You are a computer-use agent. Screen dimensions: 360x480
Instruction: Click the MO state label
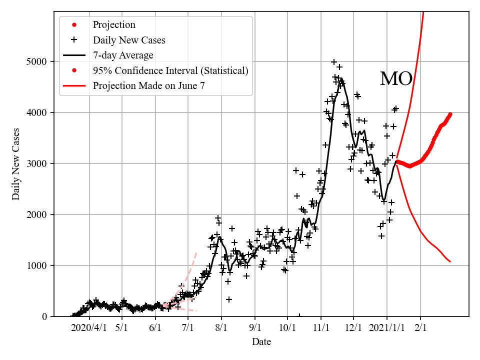[x=396, y=79]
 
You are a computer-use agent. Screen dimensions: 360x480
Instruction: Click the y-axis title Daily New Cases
[x=16, y=164]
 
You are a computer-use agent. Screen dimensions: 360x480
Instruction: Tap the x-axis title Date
[x=261, y=342]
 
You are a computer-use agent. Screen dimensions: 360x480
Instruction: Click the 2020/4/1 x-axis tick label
[x=89, y=328]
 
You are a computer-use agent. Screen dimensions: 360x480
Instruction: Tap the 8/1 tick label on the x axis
[x=221, y=328]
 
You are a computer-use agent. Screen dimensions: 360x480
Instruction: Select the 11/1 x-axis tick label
[x=321, y=328]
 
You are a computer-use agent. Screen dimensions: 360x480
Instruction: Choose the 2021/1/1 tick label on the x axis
[x=386, y=328]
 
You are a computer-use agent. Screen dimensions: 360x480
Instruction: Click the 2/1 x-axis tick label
[x=420, y=328]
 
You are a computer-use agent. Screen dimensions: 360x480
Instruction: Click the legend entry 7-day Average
[x=123, y=55]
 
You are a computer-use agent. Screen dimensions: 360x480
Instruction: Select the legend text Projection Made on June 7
[x=148, y=86]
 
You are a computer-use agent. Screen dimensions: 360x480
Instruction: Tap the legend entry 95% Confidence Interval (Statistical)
[x=170, y=70]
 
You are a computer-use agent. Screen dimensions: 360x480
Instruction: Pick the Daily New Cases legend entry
[x=129, y=40]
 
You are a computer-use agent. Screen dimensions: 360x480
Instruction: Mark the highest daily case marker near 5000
[x=334, y=62]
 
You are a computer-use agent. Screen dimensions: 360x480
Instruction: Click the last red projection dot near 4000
[x=450, y=114]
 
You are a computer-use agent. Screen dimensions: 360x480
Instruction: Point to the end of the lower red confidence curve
[x=450, y=261]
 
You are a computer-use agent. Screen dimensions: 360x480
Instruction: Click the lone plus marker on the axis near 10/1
[x=299, y=316]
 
